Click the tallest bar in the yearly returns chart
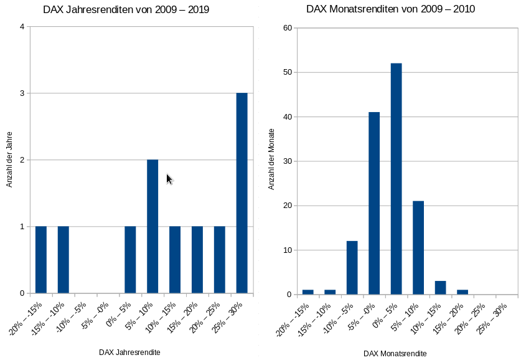(242, 193)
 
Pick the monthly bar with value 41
(374, 203)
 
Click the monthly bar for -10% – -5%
(352, 268)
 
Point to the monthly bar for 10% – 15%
(440, 288)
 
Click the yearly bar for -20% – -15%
(41, 260)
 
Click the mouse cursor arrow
(169, 179)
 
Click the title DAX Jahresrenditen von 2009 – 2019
(126, 10)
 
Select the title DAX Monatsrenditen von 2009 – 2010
(390, 10)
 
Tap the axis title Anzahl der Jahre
(10, 159)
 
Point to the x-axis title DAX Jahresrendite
(129, 352)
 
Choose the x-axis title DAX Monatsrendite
(396, 353)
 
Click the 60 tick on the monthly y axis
(287, 27)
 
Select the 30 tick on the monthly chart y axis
(287, 161)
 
